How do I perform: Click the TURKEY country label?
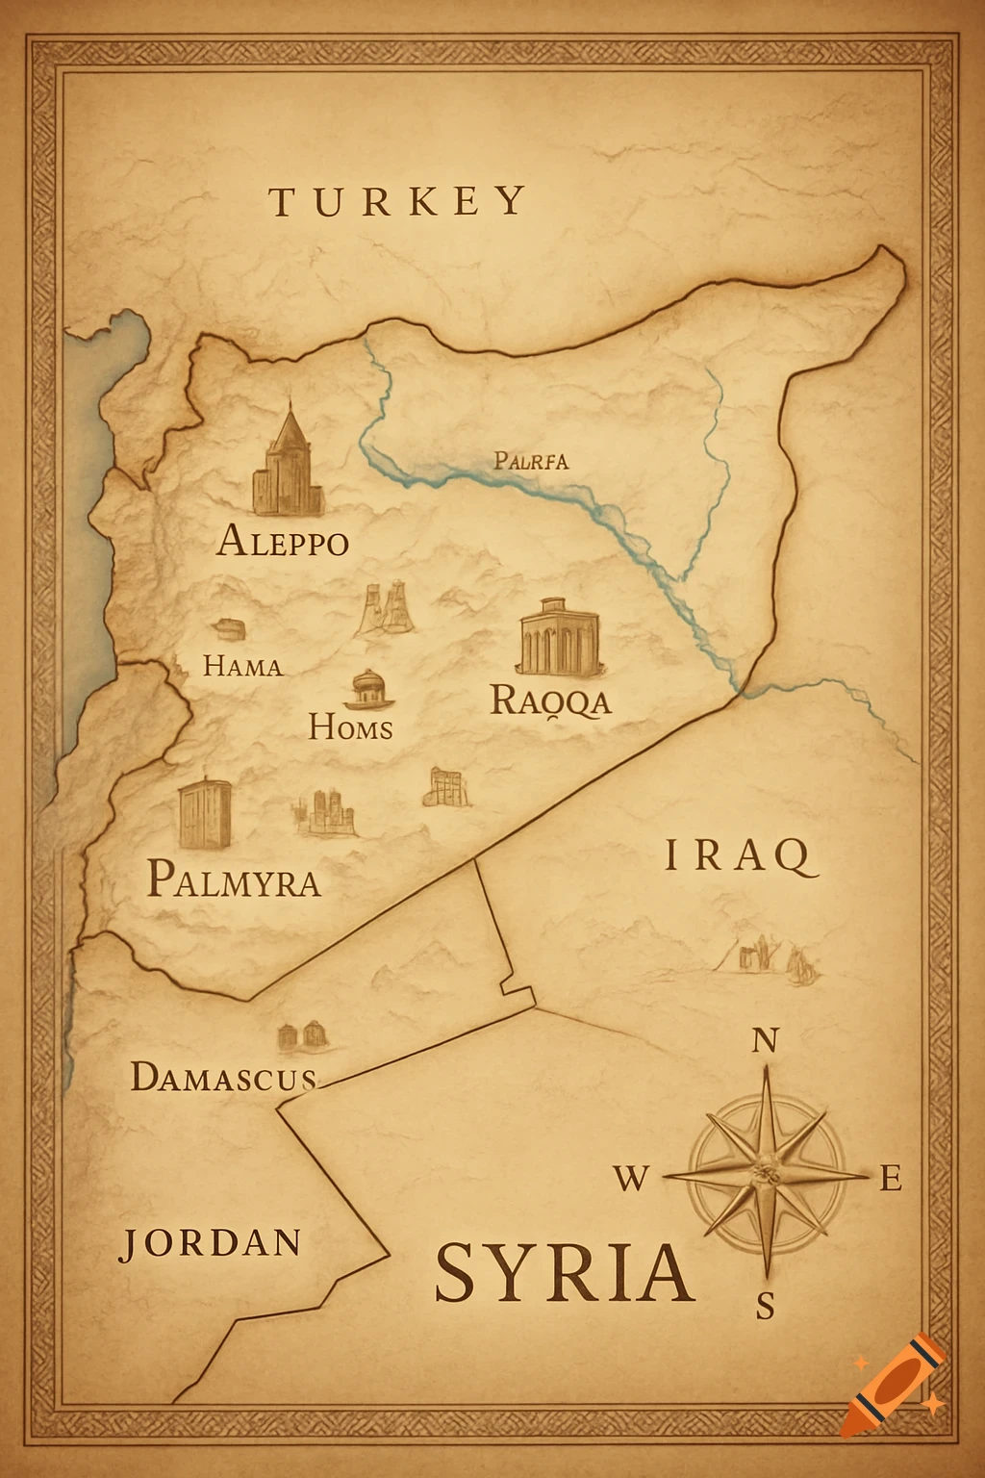tap(397, 201)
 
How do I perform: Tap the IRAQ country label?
tap(740, 855)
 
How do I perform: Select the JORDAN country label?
tap(211, 1243)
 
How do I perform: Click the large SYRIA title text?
tap(565, 1272)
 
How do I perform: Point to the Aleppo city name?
tap(283, 541)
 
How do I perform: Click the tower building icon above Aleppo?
tap(287, 463)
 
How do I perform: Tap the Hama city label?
tap(243, 666)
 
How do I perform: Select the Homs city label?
tap(350, 727)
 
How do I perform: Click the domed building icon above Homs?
tap(369, 687)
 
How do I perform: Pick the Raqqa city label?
tap(550, 701)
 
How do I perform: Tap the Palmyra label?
tap(234, 879)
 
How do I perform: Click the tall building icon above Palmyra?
tap(205, 814)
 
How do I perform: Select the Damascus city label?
tap(223, 1077)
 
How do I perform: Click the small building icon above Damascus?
tap(302, 1035)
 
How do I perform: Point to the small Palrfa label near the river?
tap(531, 461)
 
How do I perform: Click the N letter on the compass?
tap(764, 1040)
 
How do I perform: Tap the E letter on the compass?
tap(891, 1178)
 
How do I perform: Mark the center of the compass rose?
tap(766, 1173)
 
